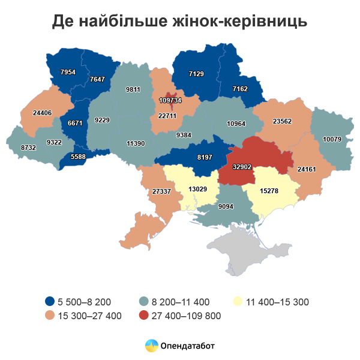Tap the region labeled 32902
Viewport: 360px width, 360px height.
tap(250, 167)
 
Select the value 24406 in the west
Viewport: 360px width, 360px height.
tap(42, 112)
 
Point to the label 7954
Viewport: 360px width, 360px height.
tap(68, 72)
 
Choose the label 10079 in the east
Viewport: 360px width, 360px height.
tap(332, 139)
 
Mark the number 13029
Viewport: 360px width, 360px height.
tap(198, 189)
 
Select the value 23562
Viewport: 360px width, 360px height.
tap(282, 121)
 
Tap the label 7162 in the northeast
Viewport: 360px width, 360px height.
tap(240, 88)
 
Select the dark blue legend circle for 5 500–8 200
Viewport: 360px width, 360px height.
tap(50, 302)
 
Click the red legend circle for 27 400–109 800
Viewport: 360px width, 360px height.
tap(144, 316)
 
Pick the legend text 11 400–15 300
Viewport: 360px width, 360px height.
tap(278, 302)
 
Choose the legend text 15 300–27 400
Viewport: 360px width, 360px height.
tap(90, 316)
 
